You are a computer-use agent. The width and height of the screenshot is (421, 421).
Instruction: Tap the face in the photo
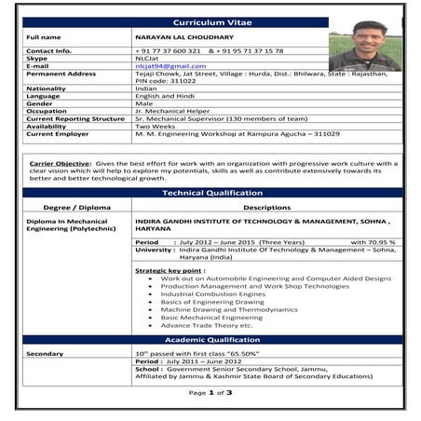coord(371,38)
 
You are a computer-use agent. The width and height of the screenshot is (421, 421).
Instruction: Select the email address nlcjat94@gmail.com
coord(170,66)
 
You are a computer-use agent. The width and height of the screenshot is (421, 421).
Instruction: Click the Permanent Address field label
coord(61,74)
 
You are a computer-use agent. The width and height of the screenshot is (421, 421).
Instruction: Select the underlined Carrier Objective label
coord(61,163)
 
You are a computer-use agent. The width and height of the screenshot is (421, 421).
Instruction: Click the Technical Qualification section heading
coord(211,193)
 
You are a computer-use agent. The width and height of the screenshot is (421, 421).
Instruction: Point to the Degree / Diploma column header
coord(70,208)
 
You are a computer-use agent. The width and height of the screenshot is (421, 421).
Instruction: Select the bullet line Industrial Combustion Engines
coord(212,294)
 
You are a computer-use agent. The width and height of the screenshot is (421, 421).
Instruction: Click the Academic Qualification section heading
coord(211,340)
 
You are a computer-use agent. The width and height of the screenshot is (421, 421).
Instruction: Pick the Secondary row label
coord(46,354)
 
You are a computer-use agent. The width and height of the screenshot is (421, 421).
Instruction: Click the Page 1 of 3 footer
coord(210,393)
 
